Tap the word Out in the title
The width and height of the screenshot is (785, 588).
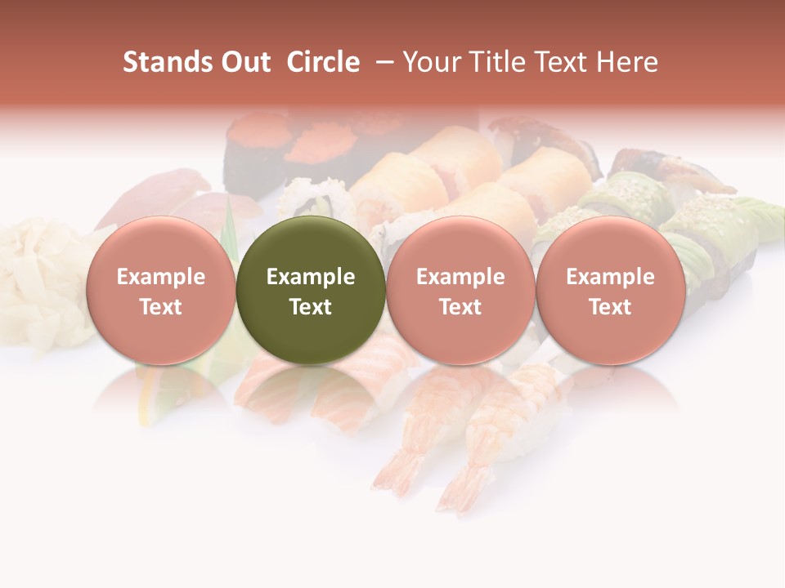click(x=244, y=62)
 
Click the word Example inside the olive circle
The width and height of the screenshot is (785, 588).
click(x=311, y=277)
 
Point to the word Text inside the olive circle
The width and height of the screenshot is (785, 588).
click(x=311, y=307)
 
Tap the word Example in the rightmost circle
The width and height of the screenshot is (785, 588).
click(x=611, y=277)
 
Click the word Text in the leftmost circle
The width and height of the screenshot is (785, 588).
click(x=160, y=307)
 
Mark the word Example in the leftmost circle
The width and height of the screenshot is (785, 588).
click(x=160, y=277)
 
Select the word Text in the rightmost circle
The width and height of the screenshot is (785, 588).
click(x=611, y=307)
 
